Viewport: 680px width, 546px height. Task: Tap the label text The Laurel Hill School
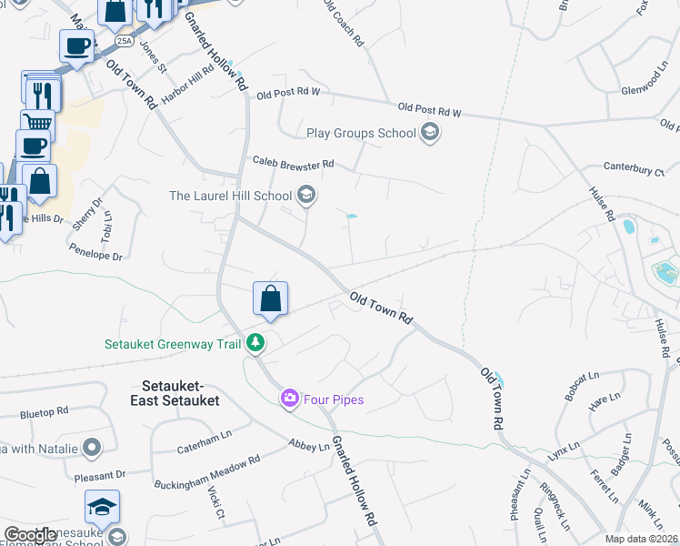230,196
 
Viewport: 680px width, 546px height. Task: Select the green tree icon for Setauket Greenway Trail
257,343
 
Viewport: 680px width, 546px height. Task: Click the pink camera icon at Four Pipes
290,398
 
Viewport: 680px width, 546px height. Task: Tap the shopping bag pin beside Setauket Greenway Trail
270,299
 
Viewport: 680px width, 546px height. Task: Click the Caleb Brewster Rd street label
294,164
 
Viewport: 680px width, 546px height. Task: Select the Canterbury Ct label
635,168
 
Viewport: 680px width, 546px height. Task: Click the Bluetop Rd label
45,414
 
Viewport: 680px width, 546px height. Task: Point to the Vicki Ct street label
216,509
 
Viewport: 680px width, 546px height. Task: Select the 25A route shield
125,41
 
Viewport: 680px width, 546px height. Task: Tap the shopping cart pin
37,124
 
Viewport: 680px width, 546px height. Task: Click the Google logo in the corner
30,535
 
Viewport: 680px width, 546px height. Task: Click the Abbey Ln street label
309,446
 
